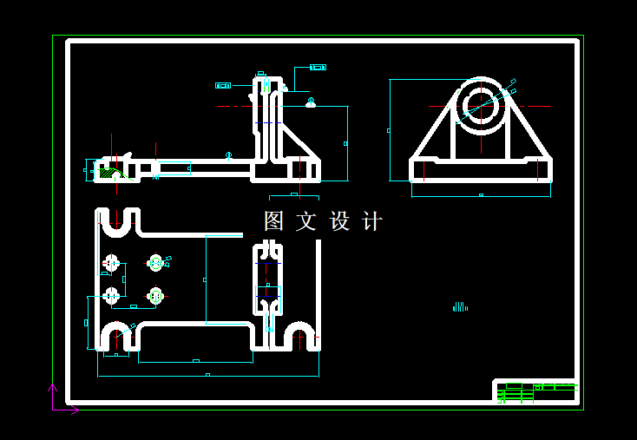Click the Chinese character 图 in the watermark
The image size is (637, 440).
(x=274, y=221)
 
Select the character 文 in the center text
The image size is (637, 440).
(x=306, y=221)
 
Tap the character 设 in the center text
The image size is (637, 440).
(x=339, y=221)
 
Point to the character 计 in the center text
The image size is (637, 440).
(x=372, y=221)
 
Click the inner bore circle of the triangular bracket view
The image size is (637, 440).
(x=479, y=106)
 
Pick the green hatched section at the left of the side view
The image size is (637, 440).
(x=109, y=173)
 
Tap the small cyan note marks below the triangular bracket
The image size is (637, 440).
(x=460, y=306)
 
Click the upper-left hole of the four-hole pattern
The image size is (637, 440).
(x=111, y=263)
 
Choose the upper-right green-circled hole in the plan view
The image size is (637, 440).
(x=156, y=262)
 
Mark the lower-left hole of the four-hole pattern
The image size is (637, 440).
(x=111, y=296)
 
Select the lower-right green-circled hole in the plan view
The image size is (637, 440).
(x=156, y=296)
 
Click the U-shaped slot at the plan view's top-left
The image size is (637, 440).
(x=118, y=223)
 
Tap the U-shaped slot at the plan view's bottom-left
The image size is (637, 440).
(x=117, y=336)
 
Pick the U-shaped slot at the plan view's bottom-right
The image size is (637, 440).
(x=300, y=336)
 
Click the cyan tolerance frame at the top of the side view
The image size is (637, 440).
(x=318, y=67)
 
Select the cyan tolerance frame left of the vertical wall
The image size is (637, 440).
(x=223, y=85)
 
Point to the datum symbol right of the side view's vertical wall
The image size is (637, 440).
(x=311, y=102)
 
